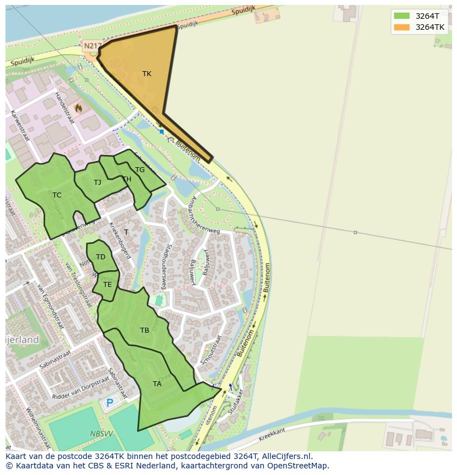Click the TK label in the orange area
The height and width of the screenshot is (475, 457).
tap(147, 74)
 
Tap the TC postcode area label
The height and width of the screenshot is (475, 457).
tap(57, 195)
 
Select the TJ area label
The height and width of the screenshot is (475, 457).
tap(98, 183)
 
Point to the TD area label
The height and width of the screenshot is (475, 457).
tap(100, 257)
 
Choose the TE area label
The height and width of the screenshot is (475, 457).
tap(108, 285)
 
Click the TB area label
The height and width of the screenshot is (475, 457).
tap(145, 330)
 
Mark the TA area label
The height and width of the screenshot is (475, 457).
tap(157, 384)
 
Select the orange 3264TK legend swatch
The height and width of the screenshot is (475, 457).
tap(402, 27)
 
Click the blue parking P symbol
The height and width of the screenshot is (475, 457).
tap(110, 403)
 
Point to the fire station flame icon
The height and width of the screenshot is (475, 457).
tap(78, 109)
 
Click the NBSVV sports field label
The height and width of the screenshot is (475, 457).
tap(101, 434)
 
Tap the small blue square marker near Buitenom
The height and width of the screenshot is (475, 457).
tap(162, 132)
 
